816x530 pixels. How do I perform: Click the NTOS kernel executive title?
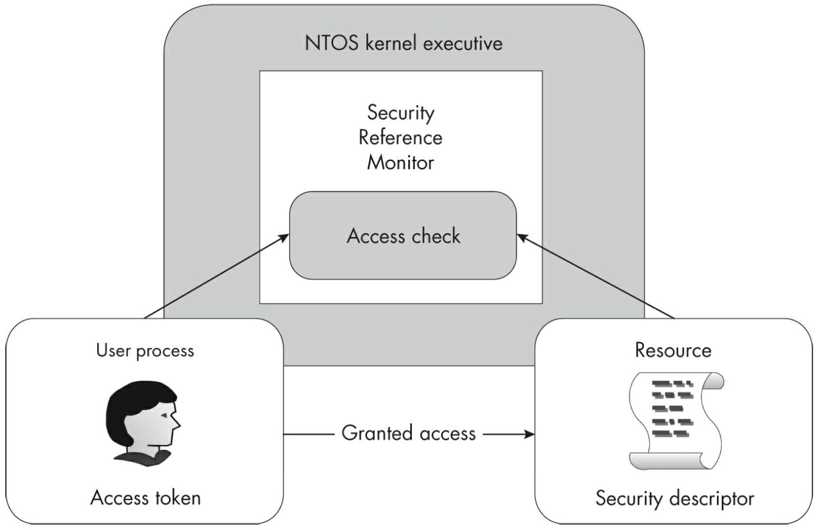[x=404, y=43]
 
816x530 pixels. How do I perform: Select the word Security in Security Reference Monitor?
[x=401, y=112]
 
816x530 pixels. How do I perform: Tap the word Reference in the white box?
[x=401, y=137]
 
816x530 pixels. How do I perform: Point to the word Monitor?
[x=401, y=162]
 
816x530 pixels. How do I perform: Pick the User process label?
[x=145, y=351]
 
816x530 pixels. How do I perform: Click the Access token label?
[x=146, y=498]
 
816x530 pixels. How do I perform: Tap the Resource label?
[x=673, y=350]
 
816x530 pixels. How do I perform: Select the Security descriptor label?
[x=675, y=498]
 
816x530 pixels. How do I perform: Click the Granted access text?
[x=408, y=433]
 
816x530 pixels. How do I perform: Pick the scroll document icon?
[x=675, y=420]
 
